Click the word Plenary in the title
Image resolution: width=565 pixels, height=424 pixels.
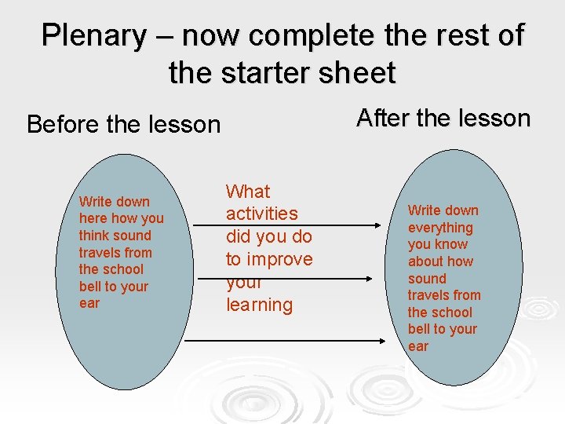click(x=93, y=35)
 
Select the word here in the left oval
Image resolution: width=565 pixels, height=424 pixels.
click(x=93, y=218)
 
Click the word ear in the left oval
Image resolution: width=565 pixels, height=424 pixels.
click(x=89, y=304)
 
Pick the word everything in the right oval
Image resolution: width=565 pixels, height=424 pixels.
click(x=440, y=228)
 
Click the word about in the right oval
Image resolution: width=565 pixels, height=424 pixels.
click(x=425, y=261)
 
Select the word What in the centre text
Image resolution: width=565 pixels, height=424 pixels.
click(x=248, y=191)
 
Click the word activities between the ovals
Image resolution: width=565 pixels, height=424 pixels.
click(x=262, y=214)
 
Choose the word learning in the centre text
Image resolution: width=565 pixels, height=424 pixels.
click(x=259, y=305)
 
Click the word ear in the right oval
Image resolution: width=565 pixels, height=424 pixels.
click(x=418, y=346)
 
